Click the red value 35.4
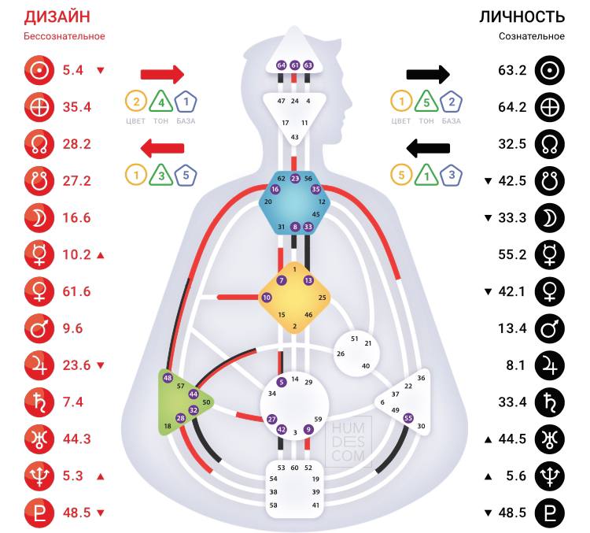pos(77,107)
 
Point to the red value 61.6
pos(77,291)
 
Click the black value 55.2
pos(512,255)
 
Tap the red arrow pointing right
pos(162,75)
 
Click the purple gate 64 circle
pos(282,65)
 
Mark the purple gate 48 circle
pos(168,378)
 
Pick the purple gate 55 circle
pos(408,418)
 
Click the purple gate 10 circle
pos(267,298)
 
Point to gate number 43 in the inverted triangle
pos(294,137)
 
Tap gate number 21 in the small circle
pos(367,343)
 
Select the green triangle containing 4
pos(160,102)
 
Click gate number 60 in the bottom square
pos(294,468)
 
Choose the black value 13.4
pos(512,328)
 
